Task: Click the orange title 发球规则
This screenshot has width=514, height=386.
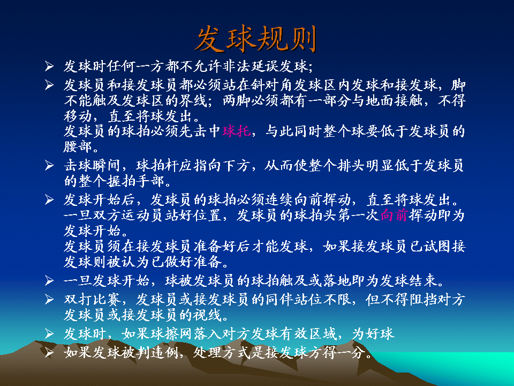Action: tap(256, 39)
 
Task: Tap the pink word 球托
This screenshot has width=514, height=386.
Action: tap(237, 131)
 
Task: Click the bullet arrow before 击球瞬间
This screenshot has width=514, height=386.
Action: tap(49, 166)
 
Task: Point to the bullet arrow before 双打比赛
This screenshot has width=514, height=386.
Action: tap(49, 299)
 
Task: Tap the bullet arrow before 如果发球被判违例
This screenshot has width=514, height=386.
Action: tap(49, 353)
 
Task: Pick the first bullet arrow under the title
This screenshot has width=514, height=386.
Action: tap(49, 66)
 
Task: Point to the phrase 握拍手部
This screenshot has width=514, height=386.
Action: tap(135, 181)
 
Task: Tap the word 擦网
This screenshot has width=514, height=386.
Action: tap(164, 334)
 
